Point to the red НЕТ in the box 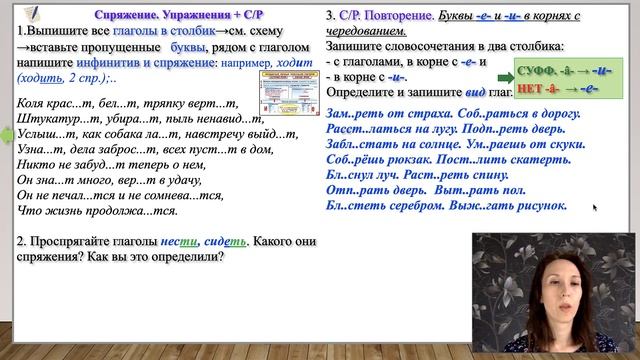pos(530,90)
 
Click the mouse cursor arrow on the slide pos(595,208)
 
